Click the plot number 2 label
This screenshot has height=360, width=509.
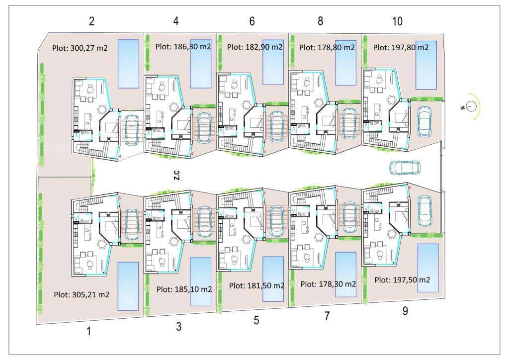click(91, 21)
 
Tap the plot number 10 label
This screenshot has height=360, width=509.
click(397, 21)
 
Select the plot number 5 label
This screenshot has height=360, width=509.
click(256, 320)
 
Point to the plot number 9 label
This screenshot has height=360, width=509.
click(405, 311)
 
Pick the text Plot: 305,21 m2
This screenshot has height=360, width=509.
click(82, 295)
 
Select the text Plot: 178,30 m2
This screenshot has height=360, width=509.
click(328, 284)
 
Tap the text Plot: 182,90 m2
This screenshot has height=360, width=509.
click(255, 47)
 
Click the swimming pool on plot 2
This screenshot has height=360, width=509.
click(128, 64)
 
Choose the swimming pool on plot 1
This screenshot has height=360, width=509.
click(128, 286)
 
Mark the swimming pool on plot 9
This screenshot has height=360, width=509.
click(428, 268)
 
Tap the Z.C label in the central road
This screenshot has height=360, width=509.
click(176, 175)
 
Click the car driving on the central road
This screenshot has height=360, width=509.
click(405, 167)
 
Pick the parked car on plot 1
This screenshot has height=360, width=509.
click(132, 223)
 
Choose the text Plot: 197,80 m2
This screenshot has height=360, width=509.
click(401, 47)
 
